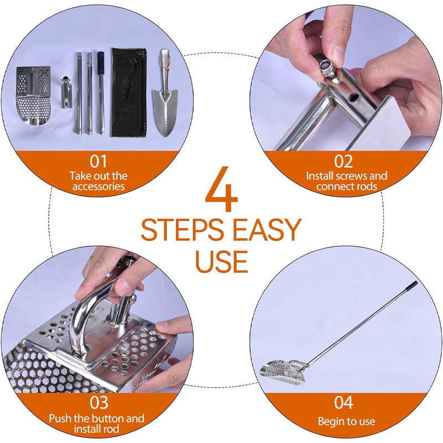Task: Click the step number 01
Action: coord(98,162)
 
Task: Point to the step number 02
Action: coord(344,162)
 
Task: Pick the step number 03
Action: coord(98,403)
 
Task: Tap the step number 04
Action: coord(344,403)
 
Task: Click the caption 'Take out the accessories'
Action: coord(98,181)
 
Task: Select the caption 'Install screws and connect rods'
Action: coord(346,181)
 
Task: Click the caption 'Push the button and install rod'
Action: coord(97,424)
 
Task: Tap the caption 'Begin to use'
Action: coord(346,422)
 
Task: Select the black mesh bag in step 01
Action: coord(128,91)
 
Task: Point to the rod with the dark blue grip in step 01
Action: coord(101,91)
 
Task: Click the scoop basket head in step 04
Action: coord(281,370)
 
